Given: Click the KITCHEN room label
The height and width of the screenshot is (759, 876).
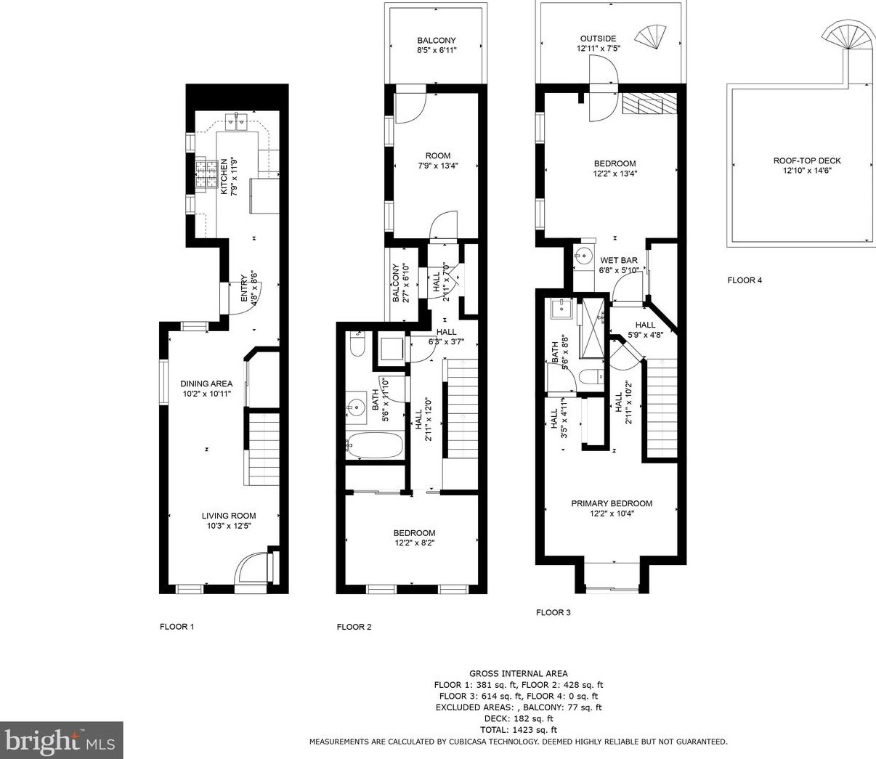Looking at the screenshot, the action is (x=223, y=176).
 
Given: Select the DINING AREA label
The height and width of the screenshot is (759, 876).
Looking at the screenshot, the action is (x=206, y=383).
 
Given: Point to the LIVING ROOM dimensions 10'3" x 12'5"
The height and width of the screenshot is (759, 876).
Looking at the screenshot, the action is (x=229, y=527).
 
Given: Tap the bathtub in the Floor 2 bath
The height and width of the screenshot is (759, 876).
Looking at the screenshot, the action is (x=374, y=445).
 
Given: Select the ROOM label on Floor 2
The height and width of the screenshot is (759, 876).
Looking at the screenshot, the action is (x=438, y=155).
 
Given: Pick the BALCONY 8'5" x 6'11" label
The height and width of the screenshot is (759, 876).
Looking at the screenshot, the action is (x=437, y=45).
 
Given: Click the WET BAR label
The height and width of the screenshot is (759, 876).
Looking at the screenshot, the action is (x=619, y=260).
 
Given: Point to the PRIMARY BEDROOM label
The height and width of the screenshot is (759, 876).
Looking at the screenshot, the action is (x=612, y=503).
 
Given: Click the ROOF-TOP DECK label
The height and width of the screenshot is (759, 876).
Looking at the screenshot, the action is (x=807, y=161).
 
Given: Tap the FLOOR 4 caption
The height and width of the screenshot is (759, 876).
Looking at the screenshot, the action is (x=745, y=280).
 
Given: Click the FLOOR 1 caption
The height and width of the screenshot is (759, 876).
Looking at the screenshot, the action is (x=177, y=627).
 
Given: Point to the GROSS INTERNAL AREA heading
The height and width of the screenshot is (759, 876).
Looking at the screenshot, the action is (x=519, y=673).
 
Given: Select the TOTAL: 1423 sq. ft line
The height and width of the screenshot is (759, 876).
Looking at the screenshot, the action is (x=519, y=729).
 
